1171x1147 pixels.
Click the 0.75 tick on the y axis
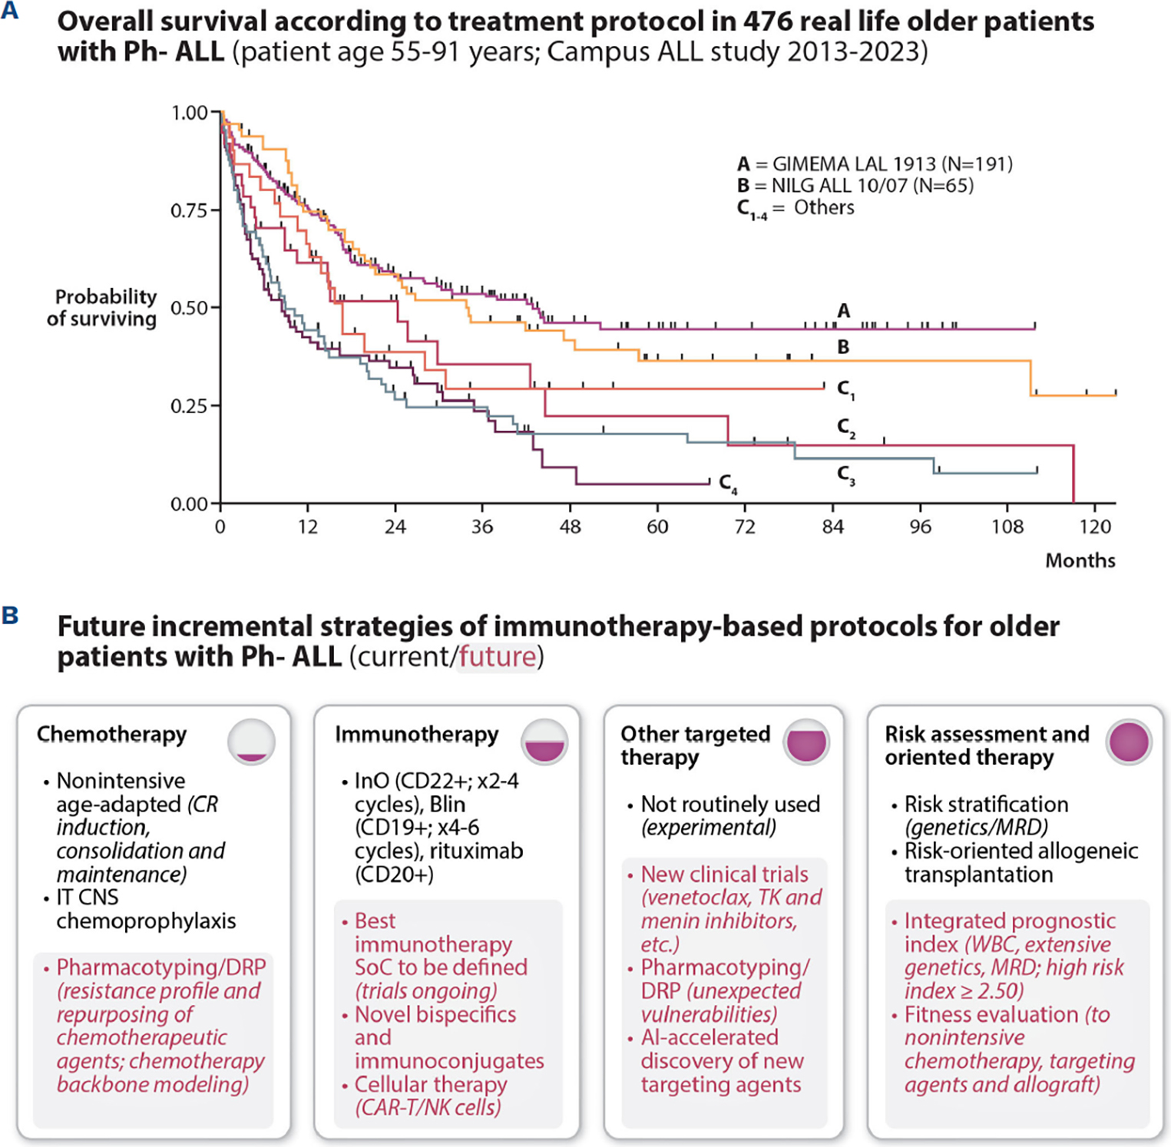click(216, 210)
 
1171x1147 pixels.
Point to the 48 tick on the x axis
click(570, 507)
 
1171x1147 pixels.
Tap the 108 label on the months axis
click(1007, 527)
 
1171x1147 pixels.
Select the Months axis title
click(1080, 560)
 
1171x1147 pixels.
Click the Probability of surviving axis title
click(102, 308)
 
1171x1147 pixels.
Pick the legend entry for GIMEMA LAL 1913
click(875, 164)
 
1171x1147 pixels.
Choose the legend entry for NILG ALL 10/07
click(855, 185)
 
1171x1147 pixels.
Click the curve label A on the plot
click(844, 311)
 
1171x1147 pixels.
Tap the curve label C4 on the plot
click(728, 484)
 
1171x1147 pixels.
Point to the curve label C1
click(845, 390)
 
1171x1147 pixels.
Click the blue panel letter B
click(10, 616)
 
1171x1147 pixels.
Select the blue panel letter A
click(10, 12)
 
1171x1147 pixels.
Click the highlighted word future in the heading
click(497, 657)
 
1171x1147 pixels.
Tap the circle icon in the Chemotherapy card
click(251, 742)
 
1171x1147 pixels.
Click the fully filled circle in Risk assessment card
click(1129, 742)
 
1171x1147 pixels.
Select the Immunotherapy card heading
click(416, 735)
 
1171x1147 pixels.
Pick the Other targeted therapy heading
click(695, 745)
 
